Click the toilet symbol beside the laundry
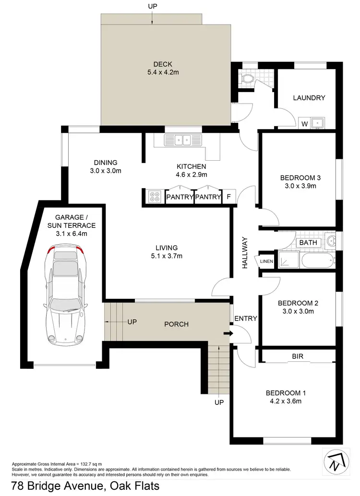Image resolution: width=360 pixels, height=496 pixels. click(248, 79)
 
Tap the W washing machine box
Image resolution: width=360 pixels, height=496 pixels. click(304, 124)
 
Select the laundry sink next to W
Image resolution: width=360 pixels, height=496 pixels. click(318, 123)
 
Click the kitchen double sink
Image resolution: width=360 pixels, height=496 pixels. click(184, 140)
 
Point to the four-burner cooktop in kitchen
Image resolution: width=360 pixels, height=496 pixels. click(155, 197)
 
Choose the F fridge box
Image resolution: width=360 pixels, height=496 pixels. click(229, 197)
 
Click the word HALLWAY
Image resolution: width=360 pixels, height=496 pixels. click(245, 252)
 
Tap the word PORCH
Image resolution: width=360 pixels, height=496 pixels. click(177, 324)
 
